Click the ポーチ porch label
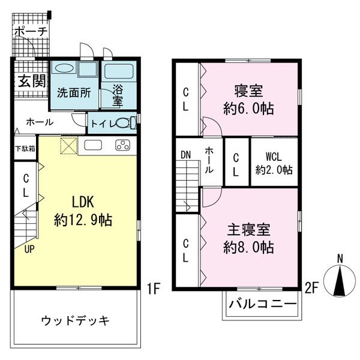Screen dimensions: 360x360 (31, 31)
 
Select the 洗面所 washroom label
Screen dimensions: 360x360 (73, 93)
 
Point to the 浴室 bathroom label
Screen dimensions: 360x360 (119, 95)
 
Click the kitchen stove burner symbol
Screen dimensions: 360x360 (123, 145)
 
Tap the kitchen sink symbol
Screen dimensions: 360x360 (94, 145)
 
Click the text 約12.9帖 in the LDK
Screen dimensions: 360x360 (84, 219)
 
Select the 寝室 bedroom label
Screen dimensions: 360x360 (248, 92)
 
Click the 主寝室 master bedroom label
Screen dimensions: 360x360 (248, 230)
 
